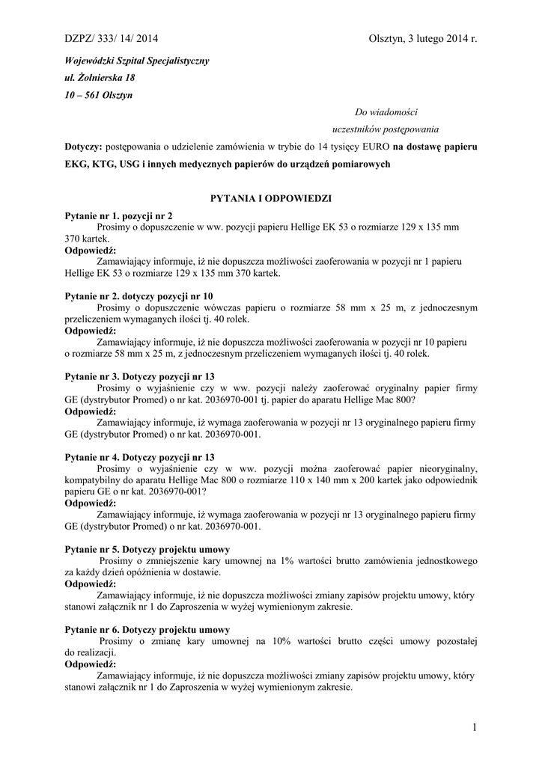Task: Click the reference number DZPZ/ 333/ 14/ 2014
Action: tap(112, 39)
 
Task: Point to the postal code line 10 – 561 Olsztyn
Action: tap(98, 96)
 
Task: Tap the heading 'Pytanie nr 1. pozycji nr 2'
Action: tap(119, 215)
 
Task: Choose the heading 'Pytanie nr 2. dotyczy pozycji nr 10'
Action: tap(139, 296)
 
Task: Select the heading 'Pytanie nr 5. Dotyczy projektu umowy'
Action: tap(147, 549)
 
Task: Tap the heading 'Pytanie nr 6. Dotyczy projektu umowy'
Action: tap(147, 630)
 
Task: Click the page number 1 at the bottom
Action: tap(475, 726)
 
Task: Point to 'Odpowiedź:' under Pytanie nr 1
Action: tap(91, 250)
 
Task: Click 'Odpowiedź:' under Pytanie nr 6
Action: tap(91, 664)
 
